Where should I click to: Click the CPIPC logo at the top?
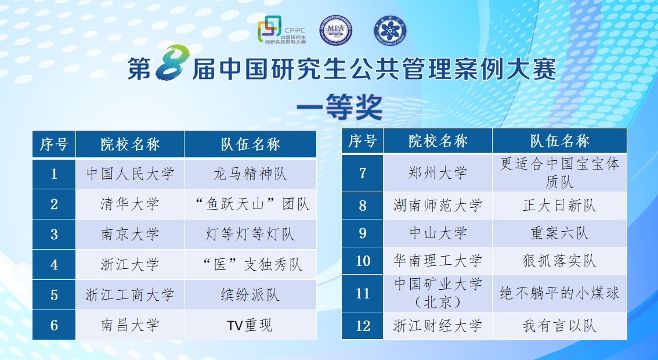pyautogui.click(x=281, y=30)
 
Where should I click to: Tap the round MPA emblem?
pyautogui.click(x=335, y=30)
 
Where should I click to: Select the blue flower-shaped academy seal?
pyautogui.click(x=391, y=30)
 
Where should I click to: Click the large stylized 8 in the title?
pyautogui.click(x=172, y=63)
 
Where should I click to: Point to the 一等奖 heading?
pyautogui.click(x=339, y=107)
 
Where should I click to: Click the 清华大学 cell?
pyautogui.click(x=130, y=204)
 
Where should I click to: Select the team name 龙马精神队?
pyautogui.click(x=250, y=174)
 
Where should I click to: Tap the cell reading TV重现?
pyautogui.click(x=250, y=325)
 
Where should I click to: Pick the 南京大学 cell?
pyautogui.click(x=130, y=235)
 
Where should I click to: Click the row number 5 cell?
pyautogui.click(x=54, y=295)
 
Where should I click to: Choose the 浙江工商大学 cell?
pyautogui.click(x=130, y=295)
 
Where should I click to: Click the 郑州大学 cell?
pyautogui.click(x=438, y=173)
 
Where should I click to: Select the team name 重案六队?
pyautogui.click(x=559, y=233)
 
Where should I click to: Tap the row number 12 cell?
pyautogui.click(x=363, y=326)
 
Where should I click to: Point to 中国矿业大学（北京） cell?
pyautogui.click(x=438, y=293)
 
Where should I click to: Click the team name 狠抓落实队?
pyautogui.click(x=559, y=261)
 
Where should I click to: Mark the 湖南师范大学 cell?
pyautogui.click(x=438, y=206)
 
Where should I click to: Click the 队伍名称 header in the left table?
pyautogui.click(x=250, y=144)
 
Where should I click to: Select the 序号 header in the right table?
pyautogui.click(x=363, y=141)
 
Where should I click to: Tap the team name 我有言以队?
pyautogui.click(x=559, y=326)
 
